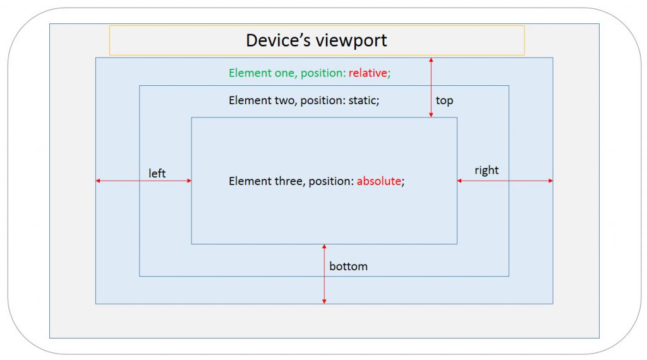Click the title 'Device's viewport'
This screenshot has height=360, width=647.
pyautogui.click(x=317, y=40)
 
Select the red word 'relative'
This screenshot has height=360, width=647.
pyautogui.click(x=368, y=73)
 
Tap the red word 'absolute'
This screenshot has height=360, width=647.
pyautogui.click(x=379, y=181)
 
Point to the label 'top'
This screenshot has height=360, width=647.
pyautogui.click(x=444, y=100)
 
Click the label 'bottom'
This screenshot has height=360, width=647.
pyautogui.click(x=348, y=266)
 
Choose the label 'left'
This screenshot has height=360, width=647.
pyautogui.click(x=157, y=173)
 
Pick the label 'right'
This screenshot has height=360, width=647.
pyautogui.click(x=487, y=171)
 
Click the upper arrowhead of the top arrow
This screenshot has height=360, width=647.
pyautogui.click(x=431, y=60)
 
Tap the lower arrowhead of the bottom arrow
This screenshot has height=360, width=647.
pyautogui.click(x=324, y=301)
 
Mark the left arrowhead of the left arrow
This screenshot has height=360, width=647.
pyautogui.click(x=98, y=181)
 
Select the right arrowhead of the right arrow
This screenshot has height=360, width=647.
pyautogui.click(x=550, y=181)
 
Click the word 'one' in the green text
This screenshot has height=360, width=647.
pyautogui.click(x=282, y=73)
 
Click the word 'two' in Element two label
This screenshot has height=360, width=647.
pyautogui.click(x=282, y=100)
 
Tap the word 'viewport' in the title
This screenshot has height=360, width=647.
pyautogui.click(x=353, y=41)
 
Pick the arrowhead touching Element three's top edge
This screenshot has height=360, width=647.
pyautogui.click(x=431, y=115)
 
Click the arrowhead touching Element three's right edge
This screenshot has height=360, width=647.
pyautogui.click(x=460, y=181)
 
